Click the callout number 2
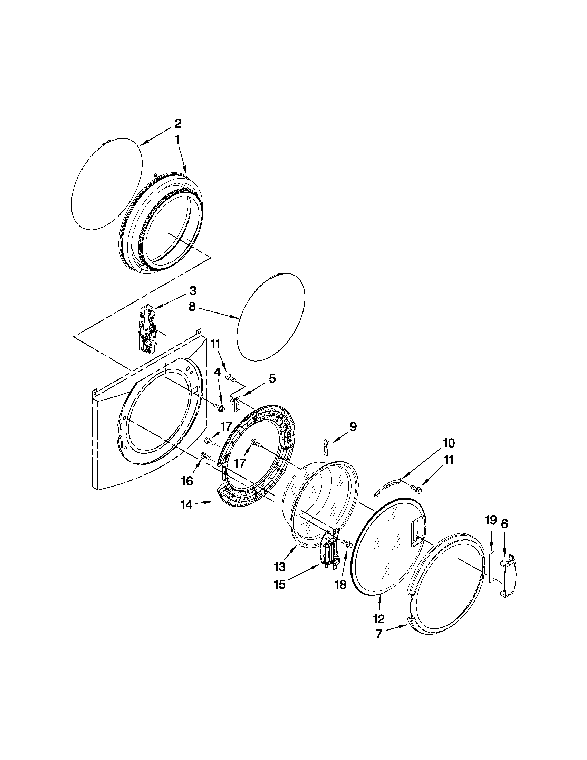click(x=177, y=123)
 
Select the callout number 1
click(x=177, y=140)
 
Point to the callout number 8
click(x=192, y=307)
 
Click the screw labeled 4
click(x=219, y=406)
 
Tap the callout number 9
click(x=353, y=427)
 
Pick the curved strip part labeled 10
click(x=386, y=488)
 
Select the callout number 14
click(x=187, y=504)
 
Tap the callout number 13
click(x=280, y=567)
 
